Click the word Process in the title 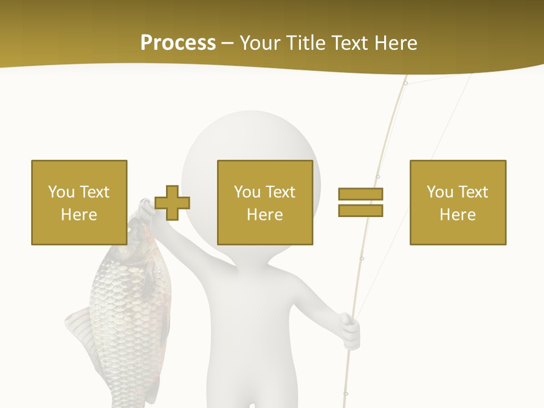click(x=178, y=43)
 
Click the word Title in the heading click(x=304, y=43)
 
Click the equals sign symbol click(x=360, y=202)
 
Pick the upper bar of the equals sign click(x=360, y=194)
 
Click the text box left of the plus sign click(x=79, y=202)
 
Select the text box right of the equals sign click(x=458, y=202)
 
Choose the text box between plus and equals click(x=265, y=202)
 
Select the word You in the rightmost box click(x=439, y=192)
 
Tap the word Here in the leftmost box click(x=79, y=215)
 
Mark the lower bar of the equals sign click(x=360, y=210)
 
